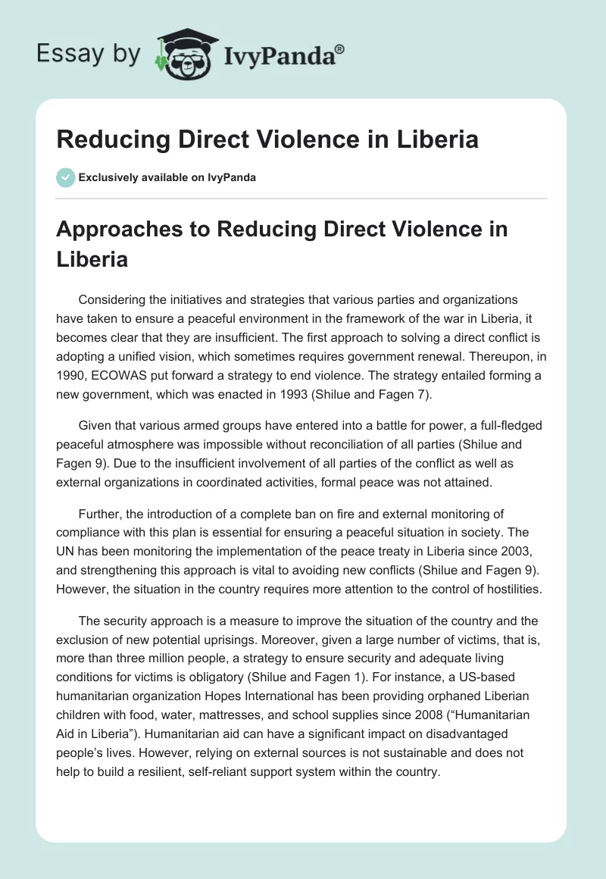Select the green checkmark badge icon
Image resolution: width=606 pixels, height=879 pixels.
point(66,177)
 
